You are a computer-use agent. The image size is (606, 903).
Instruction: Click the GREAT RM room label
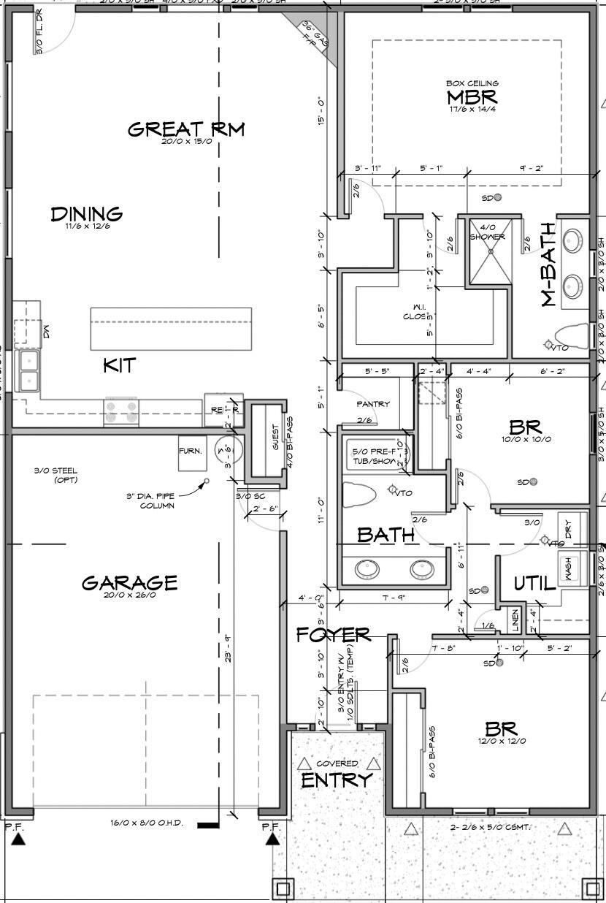pyautogui.click(x=185, y=130)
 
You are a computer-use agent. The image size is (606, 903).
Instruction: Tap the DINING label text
pyautogui.click(x=86, y=214)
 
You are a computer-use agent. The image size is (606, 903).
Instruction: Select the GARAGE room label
pyautogui.click(x=129, y=583)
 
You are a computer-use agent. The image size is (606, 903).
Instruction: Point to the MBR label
pyautogui.click(x=472, y=96)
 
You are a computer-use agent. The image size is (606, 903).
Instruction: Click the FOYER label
pyautogui.click(x=333, y=635)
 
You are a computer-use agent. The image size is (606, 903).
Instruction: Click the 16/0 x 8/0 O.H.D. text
pyautogui.click(x=147, y=823)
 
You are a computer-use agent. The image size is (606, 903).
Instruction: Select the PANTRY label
pyautogui.click(x=373, y=403)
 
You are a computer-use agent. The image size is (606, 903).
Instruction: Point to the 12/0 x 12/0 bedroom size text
pyautogui.click(x=501, y=741)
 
